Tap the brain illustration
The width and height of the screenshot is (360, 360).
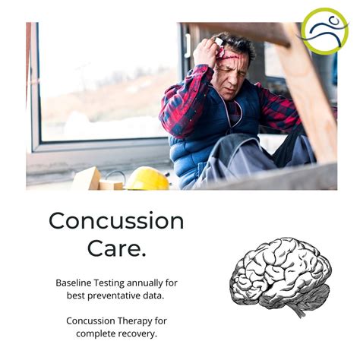(280, 273)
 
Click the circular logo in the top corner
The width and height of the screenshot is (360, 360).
(324, 31)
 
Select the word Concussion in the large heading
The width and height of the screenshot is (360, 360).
(116, 220)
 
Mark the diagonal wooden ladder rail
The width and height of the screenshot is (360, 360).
(307, 91)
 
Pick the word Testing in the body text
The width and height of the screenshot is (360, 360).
(113, 283)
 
